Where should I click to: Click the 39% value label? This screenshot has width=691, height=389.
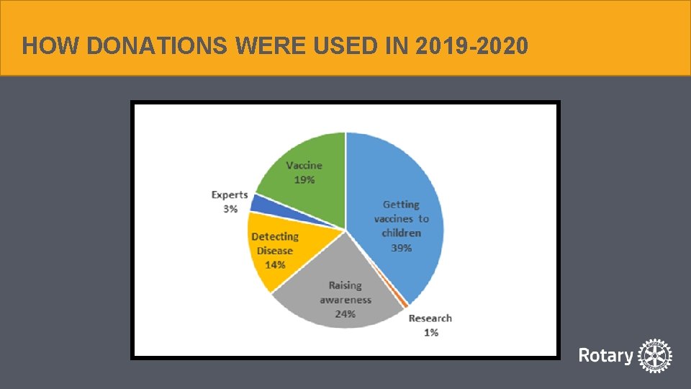point(402,248)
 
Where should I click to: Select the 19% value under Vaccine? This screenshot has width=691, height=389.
point(304,180)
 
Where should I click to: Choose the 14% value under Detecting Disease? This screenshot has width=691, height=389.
point(275,265)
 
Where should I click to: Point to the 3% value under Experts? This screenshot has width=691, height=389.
point(230,209)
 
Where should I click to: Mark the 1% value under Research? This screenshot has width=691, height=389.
point(431,332)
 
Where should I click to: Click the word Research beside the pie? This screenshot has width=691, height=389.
point(430,318)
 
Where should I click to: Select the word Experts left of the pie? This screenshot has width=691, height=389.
point(230,194)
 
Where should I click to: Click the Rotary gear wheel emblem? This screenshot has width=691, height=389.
point(655,356)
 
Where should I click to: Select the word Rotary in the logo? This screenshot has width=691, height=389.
point(606,356)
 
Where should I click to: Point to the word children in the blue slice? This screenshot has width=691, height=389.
point(402,233)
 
